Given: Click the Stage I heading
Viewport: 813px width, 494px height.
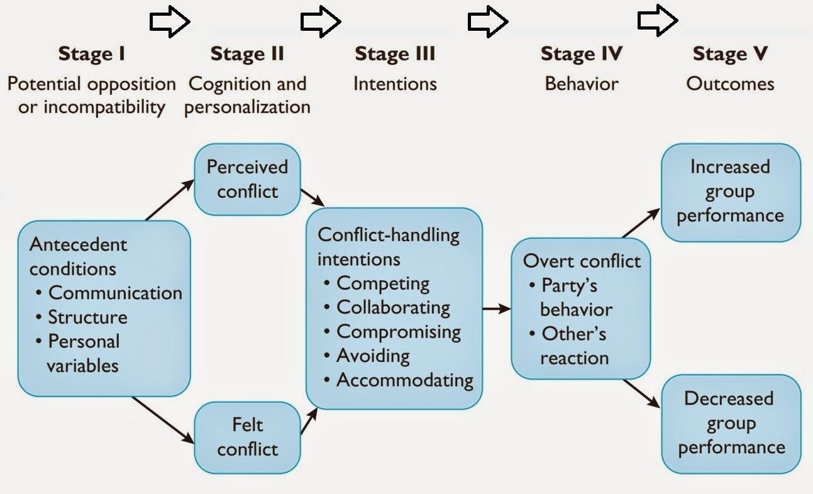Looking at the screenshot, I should tap(92, 54).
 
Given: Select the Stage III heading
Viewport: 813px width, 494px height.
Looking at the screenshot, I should tap(395, 54).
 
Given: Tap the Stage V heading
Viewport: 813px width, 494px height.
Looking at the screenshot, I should tap(730, 54).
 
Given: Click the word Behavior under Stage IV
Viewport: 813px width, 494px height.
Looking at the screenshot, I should tap(582, 84).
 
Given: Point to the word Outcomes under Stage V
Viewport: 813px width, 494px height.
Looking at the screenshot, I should tap(730, 84).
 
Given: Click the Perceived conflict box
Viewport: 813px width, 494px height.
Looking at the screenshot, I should tap(247, 178).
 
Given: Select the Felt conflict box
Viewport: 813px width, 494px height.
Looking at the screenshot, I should tap(247, 437).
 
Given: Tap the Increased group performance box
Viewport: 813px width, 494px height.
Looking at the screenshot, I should tap(731, 192).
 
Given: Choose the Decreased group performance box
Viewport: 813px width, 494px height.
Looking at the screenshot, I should tap(731, 423).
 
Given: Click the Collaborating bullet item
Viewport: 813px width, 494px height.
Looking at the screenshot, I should tap(393, 307).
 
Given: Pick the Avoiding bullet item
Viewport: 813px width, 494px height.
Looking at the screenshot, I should tap(373, 356).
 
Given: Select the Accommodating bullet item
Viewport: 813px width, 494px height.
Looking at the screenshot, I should tap(404, 380).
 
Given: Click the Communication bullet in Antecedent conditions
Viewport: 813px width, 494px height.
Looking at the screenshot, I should tap(115, 293).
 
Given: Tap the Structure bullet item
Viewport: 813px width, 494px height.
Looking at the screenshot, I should tap(88, 317).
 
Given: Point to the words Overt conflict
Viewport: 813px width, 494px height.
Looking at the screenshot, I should tap(582, 261).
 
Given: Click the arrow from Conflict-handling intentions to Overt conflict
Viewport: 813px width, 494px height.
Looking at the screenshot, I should tap(497, 308).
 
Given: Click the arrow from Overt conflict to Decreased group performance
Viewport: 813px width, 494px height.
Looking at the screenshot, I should tap(641, 394).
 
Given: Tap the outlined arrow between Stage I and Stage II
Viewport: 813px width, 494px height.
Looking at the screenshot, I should tap(170, 22).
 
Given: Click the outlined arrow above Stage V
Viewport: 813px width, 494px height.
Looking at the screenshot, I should tap(658, 21).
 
